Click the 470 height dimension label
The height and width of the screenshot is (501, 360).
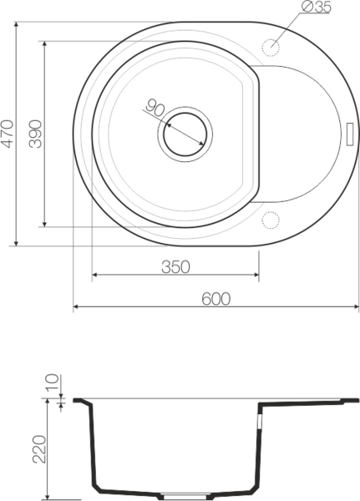point(8,134)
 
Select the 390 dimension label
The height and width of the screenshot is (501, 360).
point(35,134)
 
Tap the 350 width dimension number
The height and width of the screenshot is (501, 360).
point(175,267)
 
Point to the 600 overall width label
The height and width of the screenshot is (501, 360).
point(215,299)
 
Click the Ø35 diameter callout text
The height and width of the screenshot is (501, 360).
point(317,7)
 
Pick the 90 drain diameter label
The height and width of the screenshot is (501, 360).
point(155,108)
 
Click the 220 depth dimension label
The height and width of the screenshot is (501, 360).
point(39,449)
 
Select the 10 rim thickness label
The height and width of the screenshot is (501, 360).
point(52,382)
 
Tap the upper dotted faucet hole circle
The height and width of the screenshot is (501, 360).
point(271,48)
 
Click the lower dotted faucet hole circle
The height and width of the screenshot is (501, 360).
point(271,220)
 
